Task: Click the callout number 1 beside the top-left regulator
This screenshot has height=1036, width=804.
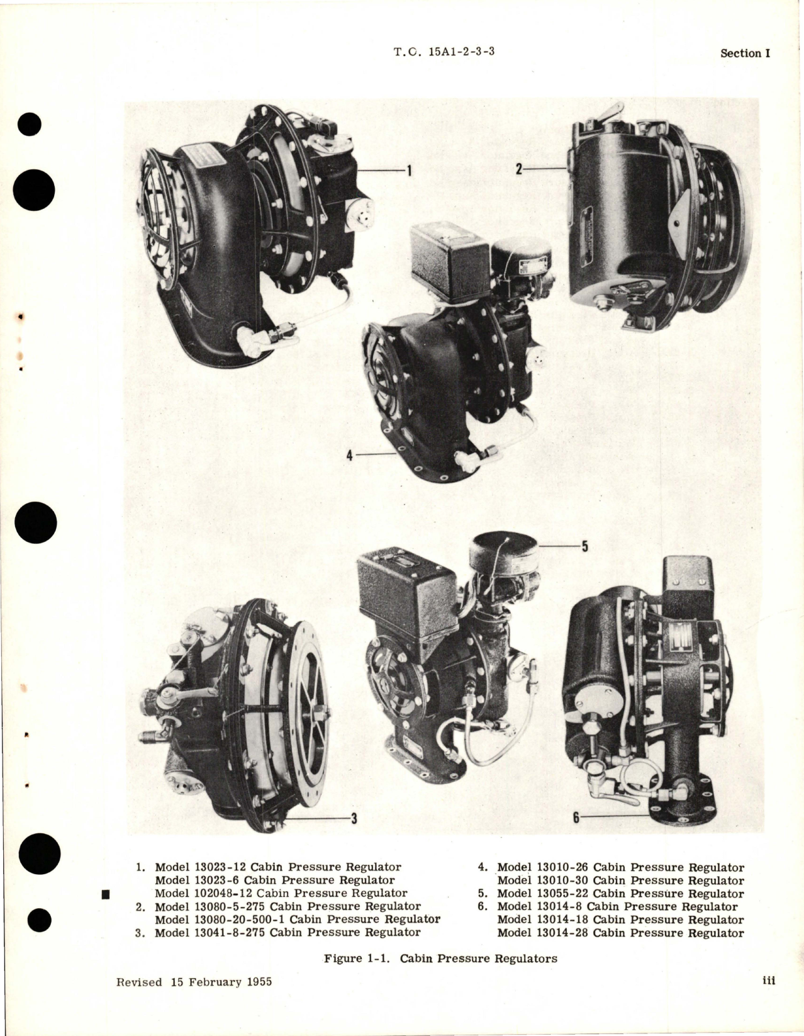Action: tap(408, 170)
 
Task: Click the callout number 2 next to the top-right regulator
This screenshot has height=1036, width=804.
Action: tap(518, 169)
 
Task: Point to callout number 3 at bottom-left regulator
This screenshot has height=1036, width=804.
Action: tap(354, 819)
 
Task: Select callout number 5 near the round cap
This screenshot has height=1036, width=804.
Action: tap(584, 546)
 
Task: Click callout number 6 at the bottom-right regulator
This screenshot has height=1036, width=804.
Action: tap(575, 818)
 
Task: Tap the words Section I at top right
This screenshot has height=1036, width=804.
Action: tap(745, 53)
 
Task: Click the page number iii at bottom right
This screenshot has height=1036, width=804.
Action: tap(768, 981)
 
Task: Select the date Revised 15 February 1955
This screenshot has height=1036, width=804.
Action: tap(194, 982)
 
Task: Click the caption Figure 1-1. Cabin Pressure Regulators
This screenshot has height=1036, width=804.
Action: tap(440, 959)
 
